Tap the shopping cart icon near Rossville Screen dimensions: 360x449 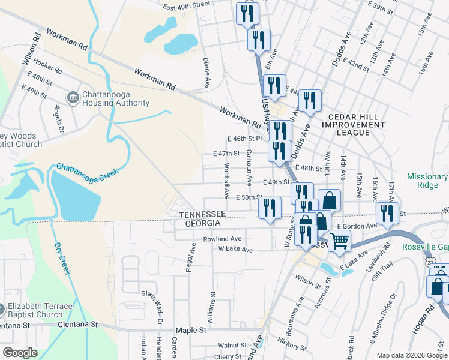pyautogui.click(x=339, y=241)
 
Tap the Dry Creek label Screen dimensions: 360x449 pyautogui.click(x=62, y=258)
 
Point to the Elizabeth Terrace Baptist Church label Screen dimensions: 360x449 pyautogui.click(x=40, y=310)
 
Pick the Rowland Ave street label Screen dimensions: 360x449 pyautogui.click(x=221, y=238)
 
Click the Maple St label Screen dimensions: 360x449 pyautogui.click(x=191, y=330)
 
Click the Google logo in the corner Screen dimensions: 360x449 pyautogui.click(x=20, y=353)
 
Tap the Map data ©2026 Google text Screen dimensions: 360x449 pyautogui.click(x=411, y=355)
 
